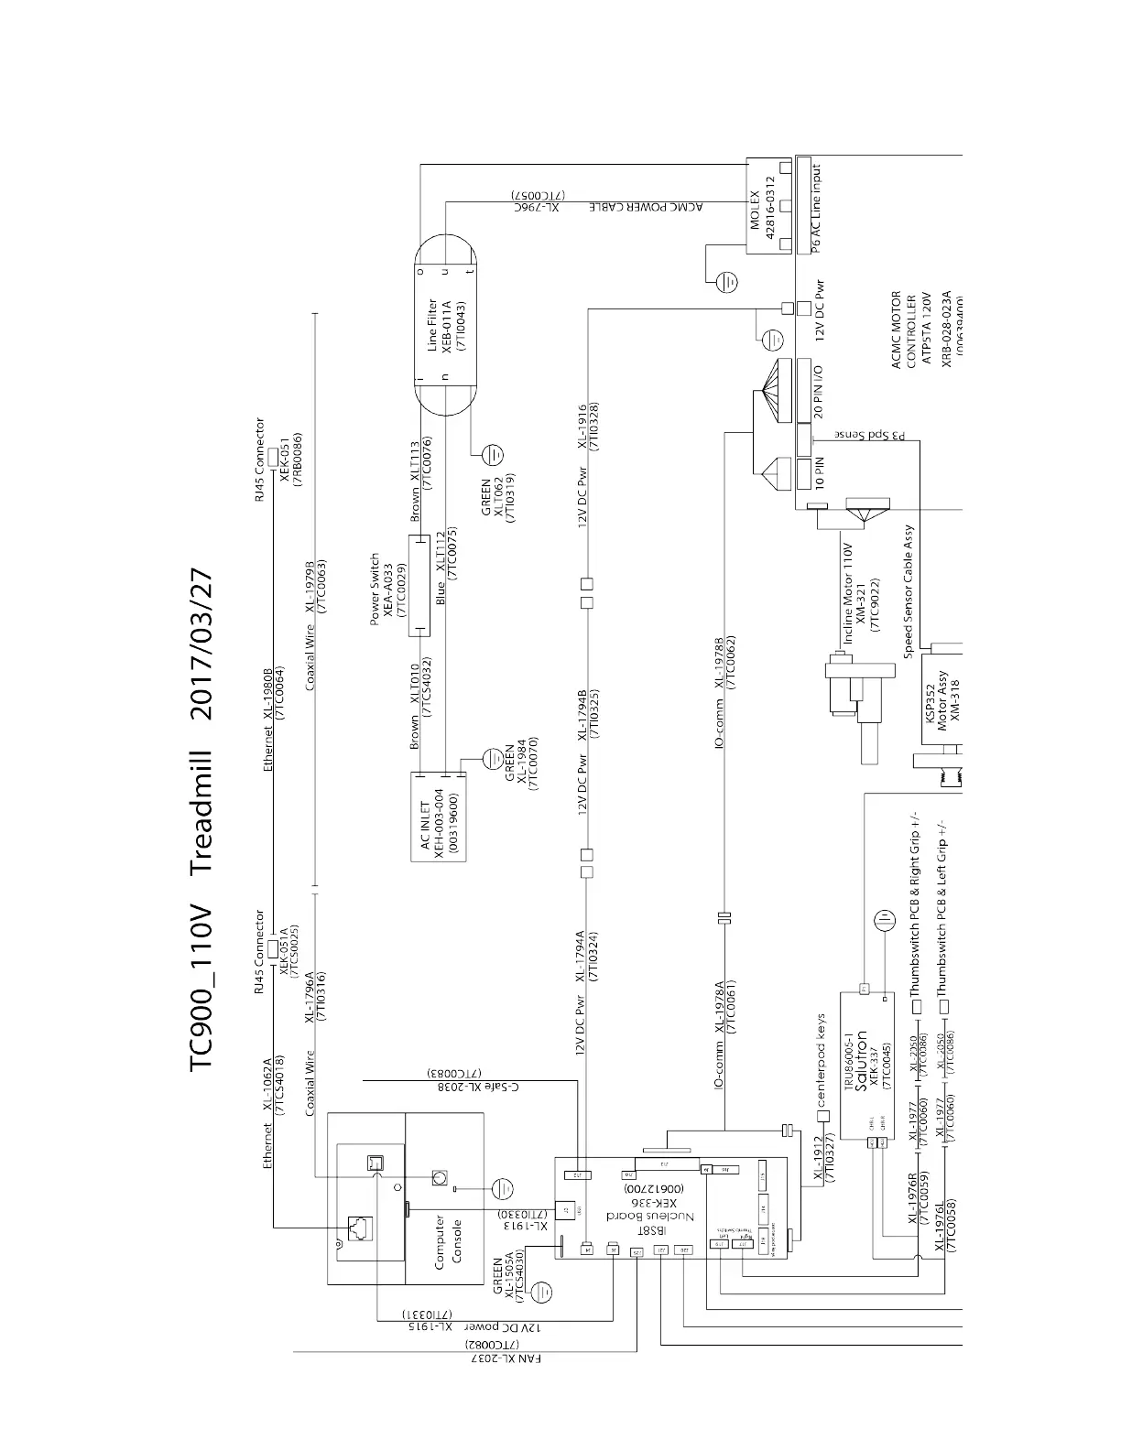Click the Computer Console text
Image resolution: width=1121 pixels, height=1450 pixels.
point(448,1240)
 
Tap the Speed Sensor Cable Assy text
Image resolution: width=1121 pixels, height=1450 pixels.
point(909,591)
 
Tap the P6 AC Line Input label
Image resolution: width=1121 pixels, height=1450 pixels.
point(816,207)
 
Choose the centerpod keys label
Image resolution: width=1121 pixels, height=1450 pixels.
point(822,1061)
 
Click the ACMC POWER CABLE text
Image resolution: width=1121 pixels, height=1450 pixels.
point(648,207)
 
